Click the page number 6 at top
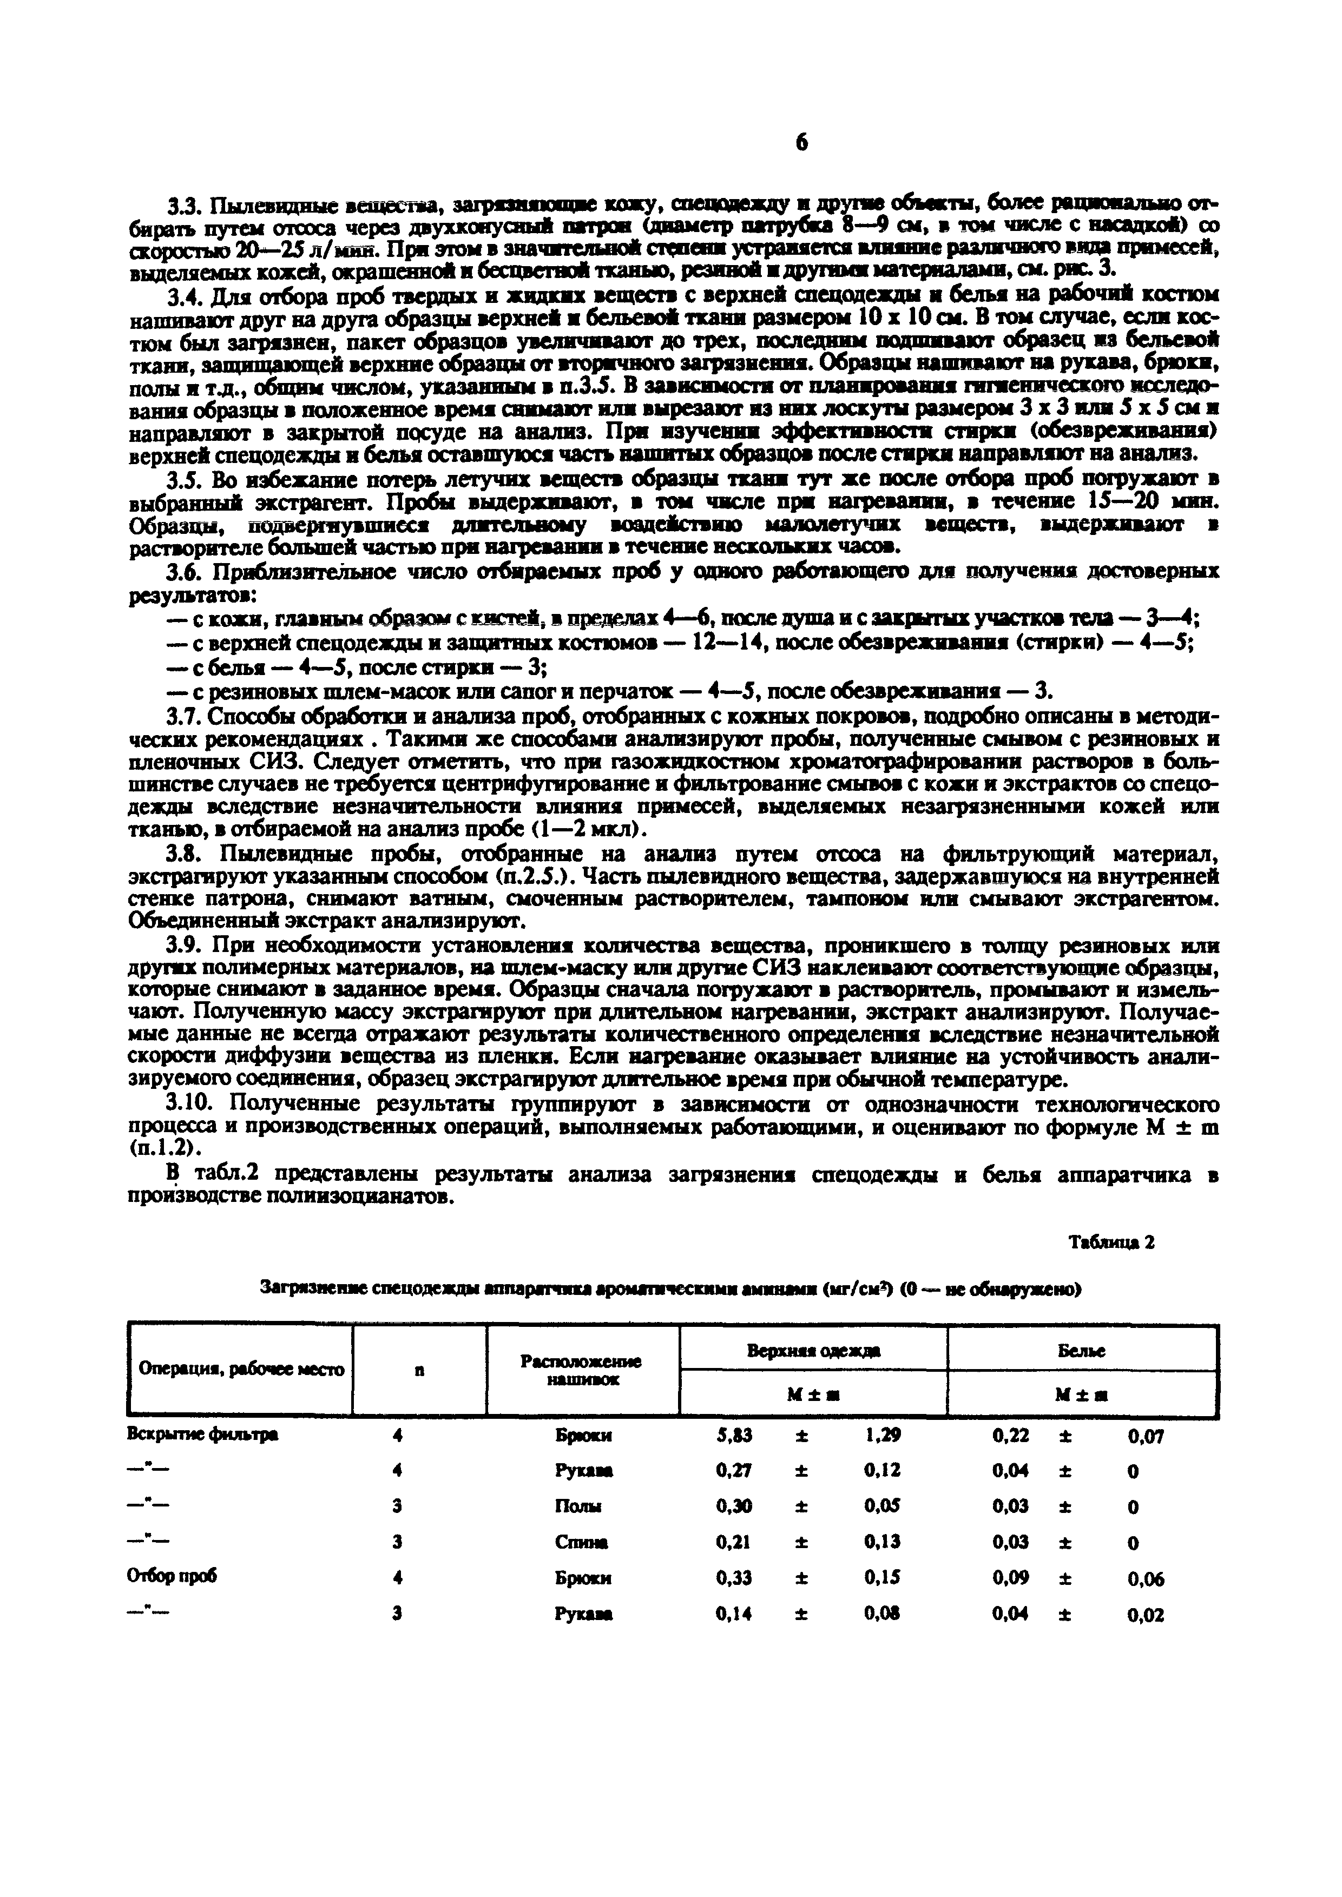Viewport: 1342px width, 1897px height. (801, 142)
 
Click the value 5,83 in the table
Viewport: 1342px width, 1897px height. (734, 1436)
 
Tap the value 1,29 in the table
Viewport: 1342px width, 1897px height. (881, 1436)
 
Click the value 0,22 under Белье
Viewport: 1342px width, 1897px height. (1010, 1436)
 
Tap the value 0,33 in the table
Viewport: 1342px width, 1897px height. (734, 1577)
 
